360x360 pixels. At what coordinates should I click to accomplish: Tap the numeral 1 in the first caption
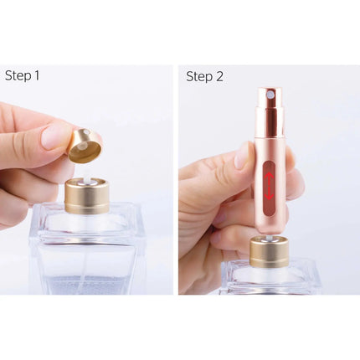tap(36, 76)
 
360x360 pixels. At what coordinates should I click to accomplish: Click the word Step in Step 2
tap(198, 76)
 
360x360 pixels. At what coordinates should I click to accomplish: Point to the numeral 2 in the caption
tap(219, 76)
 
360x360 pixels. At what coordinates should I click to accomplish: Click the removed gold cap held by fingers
tap(85, 146)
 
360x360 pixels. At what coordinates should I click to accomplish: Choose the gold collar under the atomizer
tap(270, 250)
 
